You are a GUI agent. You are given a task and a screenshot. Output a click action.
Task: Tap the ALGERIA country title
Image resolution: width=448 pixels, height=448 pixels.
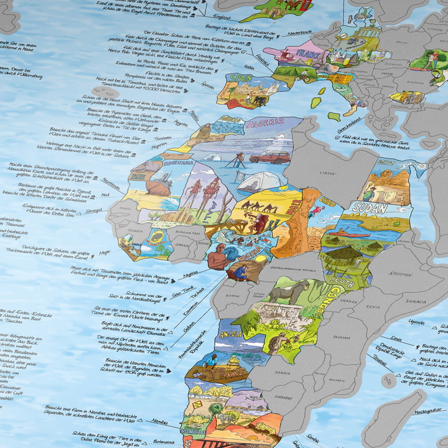click(x=264, y=123)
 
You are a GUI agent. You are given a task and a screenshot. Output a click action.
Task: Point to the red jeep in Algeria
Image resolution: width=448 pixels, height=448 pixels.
click(x=269, y=157)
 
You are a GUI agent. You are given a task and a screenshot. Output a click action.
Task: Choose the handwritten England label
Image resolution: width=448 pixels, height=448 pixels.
click(x=222, y=17)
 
